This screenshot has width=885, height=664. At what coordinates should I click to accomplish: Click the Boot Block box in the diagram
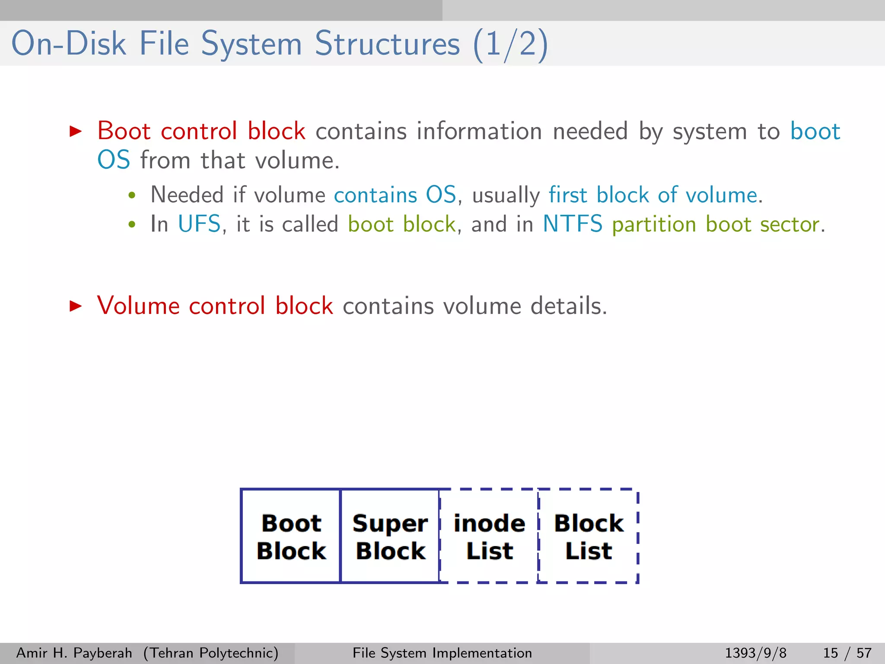[291, 536]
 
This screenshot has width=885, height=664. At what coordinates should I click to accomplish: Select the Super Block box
[390, 536]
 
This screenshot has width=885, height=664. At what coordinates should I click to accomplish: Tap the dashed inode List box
[489, 536]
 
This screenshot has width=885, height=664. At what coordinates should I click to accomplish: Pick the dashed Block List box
[589, 536]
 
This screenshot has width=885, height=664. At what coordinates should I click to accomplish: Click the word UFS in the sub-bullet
[199, 224]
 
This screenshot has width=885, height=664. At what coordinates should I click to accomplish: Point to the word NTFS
[572, 224]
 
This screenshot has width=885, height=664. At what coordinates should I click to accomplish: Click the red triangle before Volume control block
[76, 306]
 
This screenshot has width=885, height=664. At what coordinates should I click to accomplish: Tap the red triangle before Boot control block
[76, 131]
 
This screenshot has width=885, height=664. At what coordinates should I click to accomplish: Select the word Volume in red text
[138, 306]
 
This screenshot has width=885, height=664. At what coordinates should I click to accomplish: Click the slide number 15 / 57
[847, 653]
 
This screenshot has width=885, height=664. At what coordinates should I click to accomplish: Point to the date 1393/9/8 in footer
[755, 653]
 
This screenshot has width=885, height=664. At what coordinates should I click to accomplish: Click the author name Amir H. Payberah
[74, 653]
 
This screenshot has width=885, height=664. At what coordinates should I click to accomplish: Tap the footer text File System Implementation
[442, 653]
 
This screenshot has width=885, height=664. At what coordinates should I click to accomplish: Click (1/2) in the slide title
[510, 44]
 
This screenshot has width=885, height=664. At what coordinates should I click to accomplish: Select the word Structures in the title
[387, 44]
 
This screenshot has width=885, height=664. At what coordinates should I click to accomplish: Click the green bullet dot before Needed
[132, 195]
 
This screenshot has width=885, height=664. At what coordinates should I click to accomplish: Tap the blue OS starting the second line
[114, 160]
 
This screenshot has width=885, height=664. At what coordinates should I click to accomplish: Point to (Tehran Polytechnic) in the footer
[211, 653]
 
